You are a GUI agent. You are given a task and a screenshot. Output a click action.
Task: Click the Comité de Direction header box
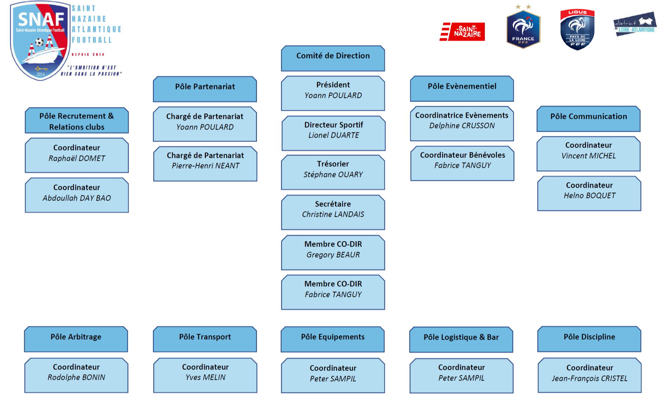coord(333,58)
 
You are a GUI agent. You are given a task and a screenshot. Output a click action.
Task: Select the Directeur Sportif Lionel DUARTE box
coord(333,133)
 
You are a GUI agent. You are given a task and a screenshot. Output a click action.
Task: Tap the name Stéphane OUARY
coord(333,174)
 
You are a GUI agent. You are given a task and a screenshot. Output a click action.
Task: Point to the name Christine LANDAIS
coord(333,214)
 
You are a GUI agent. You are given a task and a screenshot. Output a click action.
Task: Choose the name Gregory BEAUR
coord(333,255)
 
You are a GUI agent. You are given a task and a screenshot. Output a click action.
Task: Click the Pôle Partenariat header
coord(205,89)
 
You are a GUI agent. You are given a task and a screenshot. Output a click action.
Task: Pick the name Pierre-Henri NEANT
coord(205,166)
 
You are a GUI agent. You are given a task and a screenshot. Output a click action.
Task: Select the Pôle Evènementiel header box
coord(462,88)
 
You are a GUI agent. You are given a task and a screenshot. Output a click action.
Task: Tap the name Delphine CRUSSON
coord(462,126)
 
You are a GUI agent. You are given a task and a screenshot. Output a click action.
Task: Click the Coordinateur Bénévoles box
coord(462,163)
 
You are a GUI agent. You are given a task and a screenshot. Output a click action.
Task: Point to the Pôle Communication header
coord(588,118)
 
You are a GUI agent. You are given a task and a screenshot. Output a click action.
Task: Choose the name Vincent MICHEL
coord(588,156)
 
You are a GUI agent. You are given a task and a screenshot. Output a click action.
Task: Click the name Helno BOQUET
coord(590,196)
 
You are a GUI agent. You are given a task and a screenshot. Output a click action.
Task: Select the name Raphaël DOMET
coord(77,159)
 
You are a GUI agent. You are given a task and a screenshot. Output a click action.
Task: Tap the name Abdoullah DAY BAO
coord(77,198)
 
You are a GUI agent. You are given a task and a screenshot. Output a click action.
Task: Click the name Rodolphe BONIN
coord(76,378)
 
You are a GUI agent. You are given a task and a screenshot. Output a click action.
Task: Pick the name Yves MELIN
coord(205,378)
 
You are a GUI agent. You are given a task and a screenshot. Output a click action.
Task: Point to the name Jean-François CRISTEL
coord(590,379)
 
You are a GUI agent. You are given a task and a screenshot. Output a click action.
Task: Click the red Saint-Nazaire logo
coord(462,32)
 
